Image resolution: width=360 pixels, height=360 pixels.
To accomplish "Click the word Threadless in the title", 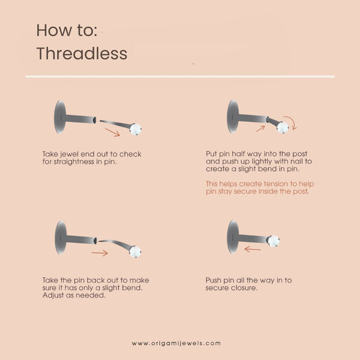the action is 82,53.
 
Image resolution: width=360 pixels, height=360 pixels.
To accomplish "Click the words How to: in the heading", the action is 67,30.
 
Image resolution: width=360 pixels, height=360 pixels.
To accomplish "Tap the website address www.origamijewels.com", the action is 176,343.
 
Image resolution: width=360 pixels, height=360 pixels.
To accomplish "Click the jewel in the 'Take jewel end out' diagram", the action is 136,129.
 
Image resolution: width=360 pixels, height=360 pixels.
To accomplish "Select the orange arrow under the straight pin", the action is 113,133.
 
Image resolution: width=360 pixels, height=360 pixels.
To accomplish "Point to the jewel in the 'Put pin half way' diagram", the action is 283,127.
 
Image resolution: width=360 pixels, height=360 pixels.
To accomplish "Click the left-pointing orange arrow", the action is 253,249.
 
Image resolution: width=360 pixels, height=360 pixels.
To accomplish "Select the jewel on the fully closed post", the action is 274,241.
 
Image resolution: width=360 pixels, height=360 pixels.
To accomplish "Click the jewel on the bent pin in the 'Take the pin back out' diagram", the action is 135,251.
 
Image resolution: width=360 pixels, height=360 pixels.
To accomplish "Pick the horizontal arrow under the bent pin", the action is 100,253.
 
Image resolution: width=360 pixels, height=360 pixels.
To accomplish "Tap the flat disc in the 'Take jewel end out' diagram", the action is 60,117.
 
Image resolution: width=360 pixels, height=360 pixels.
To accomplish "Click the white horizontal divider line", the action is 180,76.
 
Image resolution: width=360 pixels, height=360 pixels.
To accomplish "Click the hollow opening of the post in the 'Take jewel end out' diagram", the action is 94,120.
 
